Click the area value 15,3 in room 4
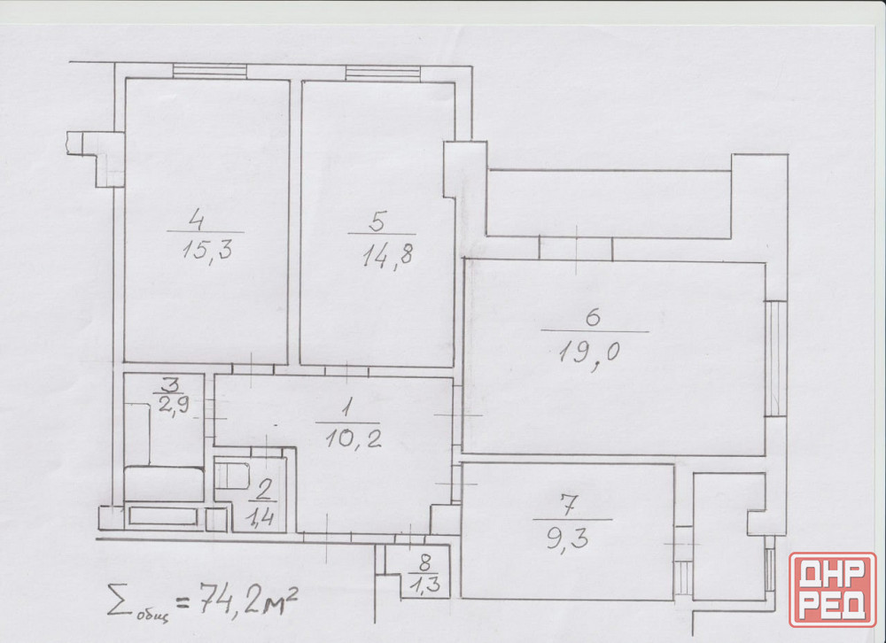pyautogui.click(x=207, y=249)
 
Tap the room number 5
pyautogui.click(x=377, y=221)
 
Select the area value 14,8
pyautogui.click(x=388, y=256)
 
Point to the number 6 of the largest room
pyautogui.click(x=592, y=317)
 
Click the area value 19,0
pyautogui.click(x=589, y=353)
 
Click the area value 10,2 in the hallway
pyautogui.click(x=354, y=438)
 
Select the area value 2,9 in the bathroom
pyautogui.click(x=174, y=405)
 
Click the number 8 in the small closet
pyautogui.click(x=425, y=562)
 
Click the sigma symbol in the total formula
pyautogui.click(x=118, y=600)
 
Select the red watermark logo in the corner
pyautogui.click(x=832, y=589)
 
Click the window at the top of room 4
pyautogui.click(x=210, y=72)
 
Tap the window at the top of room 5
pyautogui.click(x=383, y=73)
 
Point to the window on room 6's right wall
pyautogui.click(x=776, y=358)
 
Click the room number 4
pyautogui.click(x=196, y=218)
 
